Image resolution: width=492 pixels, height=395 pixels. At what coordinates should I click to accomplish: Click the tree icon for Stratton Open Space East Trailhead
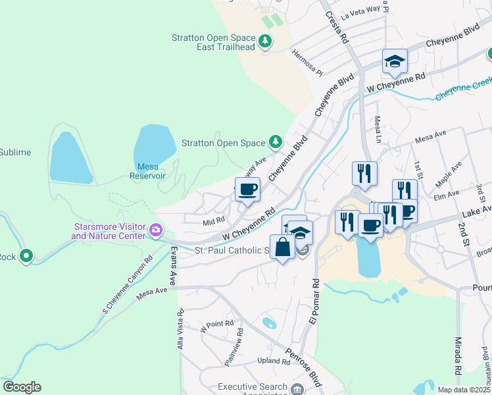265,42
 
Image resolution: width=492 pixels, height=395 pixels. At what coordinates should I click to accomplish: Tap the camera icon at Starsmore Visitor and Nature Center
156,230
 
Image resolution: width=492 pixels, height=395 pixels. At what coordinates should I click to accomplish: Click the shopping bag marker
282,248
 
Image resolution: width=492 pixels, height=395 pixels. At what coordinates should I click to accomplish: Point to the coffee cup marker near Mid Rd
247,190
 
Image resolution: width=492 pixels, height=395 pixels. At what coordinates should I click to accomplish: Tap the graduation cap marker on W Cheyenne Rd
395,61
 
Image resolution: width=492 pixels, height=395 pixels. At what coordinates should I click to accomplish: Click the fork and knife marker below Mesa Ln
364,173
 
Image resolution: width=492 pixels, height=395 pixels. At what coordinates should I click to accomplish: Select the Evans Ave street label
174,267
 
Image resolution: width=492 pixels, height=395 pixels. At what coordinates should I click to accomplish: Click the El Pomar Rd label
314,302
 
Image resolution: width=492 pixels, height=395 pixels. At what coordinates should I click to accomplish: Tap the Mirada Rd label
458,361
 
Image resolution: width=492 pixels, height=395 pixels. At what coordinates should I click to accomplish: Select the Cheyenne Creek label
463,88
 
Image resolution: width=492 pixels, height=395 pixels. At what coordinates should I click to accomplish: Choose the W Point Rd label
217,324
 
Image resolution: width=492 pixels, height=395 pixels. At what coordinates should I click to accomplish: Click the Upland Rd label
273,361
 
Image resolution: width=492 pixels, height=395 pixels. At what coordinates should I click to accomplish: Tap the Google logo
22,387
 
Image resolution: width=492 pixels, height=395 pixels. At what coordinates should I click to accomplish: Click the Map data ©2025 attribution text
464,390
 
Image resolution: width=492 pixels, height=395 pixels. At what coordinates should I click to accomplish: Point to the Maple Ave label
446,174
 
